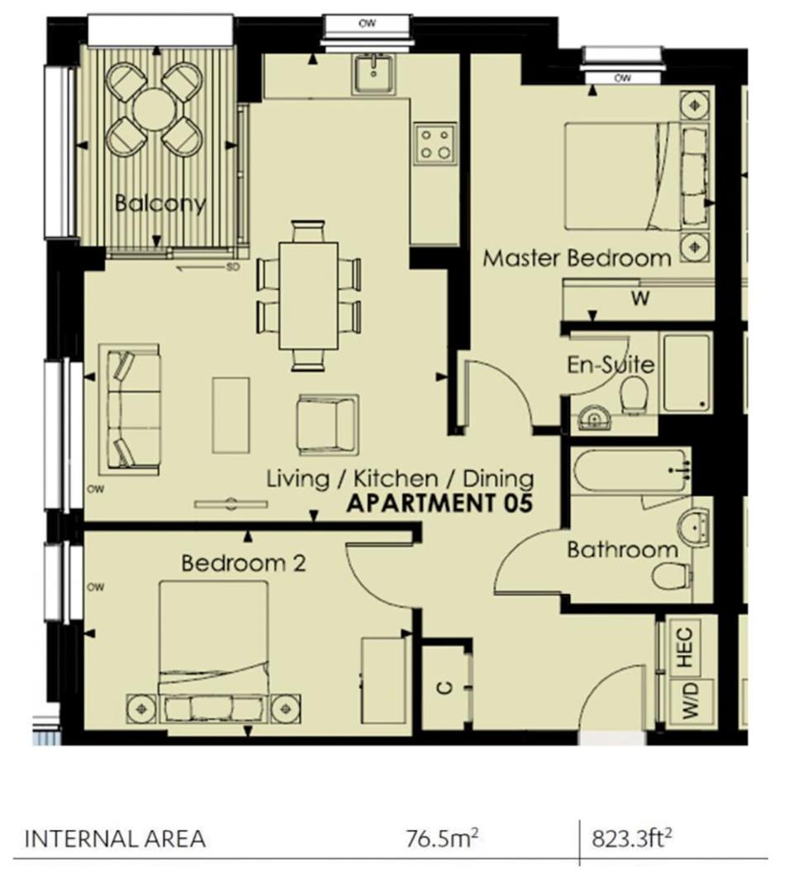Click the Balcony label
click(159, 203)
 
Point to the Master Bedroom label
click(577, 258)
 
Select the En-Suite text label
click(611, 364)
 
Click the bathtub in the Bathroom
click(630, 471)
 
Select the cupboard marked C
click(446, 687)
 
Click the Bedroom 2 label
click(244, 564)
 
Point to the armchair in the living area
click(327, 424)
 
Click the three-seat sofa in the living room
click(130, 409)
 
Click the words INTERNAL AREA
click(115, 839)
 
